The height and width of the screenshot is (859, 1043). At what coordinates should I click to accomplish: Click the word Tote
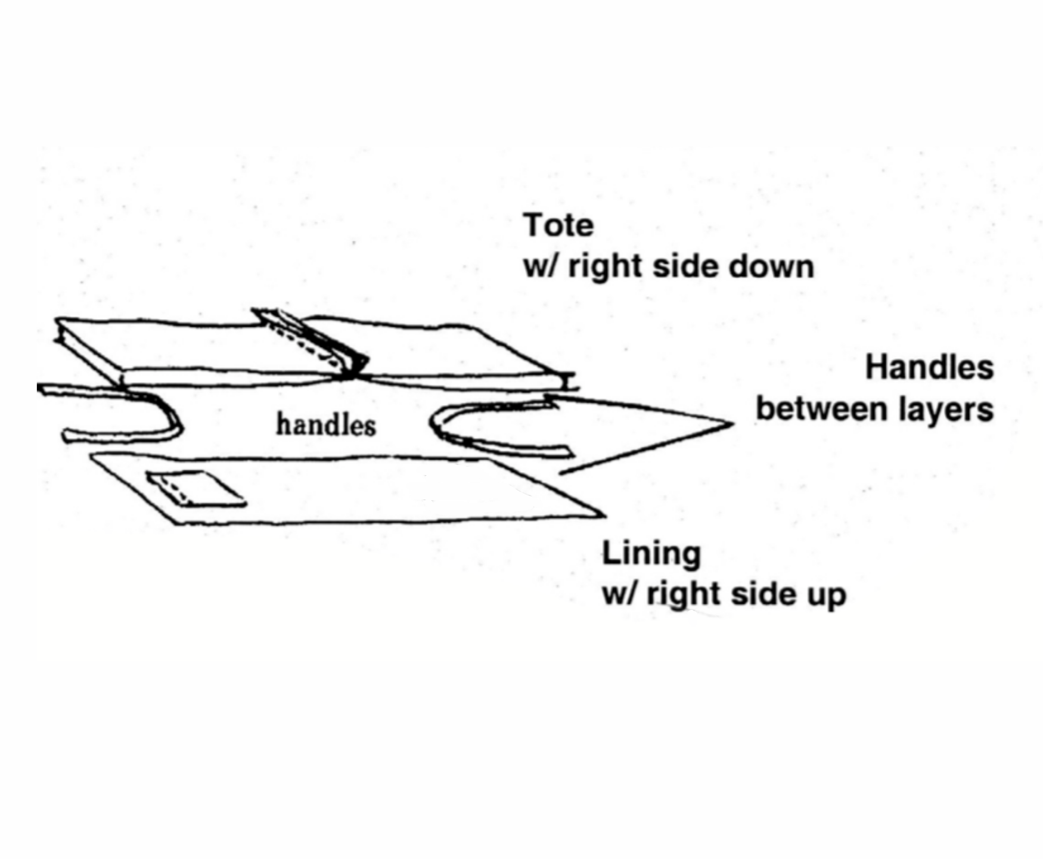(x=558, y=226)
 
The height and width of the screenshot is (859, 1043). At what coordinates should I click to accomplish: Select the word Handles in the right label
(x=929, y=367)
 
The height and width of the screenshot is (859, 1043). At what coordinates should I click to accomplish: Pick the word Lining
(x=651, y=554)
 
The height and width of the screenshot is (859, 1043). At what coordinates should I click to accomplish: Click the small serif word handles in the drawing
(x=326, y=425)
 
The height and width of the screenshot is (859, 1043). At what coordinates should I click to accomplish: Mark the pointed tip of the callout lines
(x=732, y=424)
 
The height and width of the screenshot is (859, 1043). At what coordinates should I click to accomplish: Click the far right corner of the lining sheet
(x=603, y=514)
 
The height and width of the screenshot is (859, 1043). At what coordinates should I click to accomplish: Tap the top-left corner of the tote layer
(x=57, y=321)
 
